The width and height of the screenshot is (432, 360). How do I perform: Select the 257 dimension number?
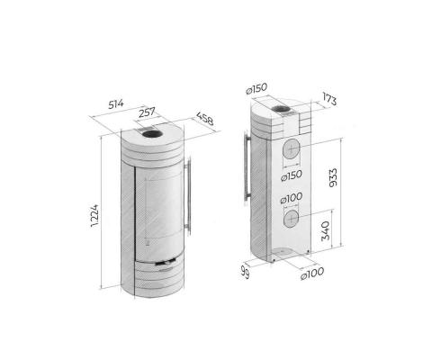tap(148, 113)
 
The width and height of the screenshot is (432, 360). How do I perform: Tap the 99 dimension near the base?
tap(244, 270)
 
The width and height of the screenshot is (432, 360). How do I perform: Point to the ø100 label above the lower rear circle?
tap(290, 199)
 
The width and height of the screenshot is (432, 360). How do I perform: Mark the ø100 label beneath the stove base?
tap(313, 274)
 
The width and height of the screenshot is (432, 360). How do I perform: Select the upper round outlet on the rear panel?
tap(292, 149)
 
